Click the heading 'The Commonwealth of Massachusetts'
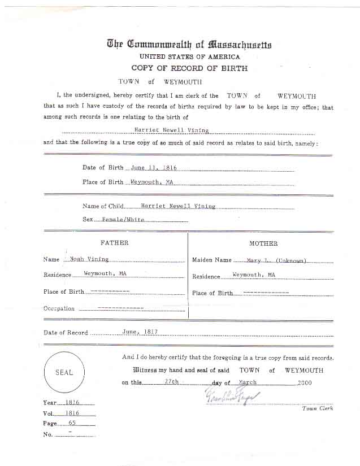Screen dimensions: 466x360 click(x=189, y=44)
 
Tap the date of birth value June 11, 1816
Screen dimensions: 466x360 click(x=154, y=168)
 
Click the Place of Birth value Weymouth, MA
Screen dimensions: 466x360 click(x=151, y=182)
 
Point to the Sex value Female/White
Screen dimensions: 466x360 click(x=124, y=219)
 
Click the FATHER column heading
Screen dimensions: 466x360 click(x=114, y=243)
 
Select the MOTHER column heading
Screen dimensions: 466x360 click(x=263, y=243)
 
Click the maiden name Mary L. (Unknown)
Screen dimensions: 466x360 click(x=277, y=260)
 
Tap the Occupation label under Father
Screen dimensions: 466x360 click(x=59, y=308)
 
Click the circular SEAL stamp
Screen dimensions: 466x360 click(x=63, y=373)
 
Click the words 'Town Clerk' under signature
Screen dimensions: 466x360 click(x=317, y=408)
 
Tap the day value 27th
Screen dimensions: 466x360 click(x=171, y=382)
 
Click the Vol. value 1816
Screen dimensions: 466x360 click(x=72, y=413)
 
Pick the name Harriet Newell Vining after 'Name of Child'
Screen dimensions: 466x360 click(x=178, y=206)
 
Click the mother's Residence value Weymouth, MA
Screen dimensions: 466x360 click(x=254, y=275)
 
